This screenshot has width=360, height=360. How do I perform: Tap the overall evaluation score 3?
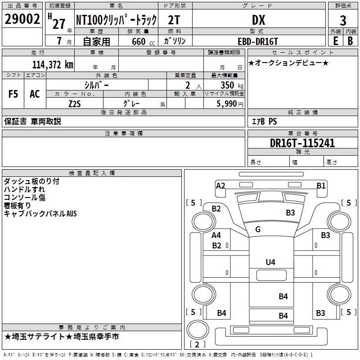coord(343,21)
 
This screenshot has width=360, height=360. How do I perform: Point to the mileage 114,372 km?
coord(53,64)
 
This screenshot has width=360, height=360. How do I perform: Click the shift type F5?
coord(13,94)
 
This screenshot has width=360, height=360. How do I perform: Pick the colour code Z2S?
coord(75,103)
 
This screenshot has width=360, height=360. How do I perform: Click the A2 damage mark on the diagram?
coord(220,185)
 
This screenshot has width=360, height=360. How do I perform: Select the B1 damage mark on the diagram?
coord(321,185)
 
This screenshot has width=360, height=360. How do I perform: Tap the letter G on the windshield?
coord(258,229)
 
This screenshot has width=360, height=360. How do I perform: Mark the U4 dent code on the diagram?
coord(270,262)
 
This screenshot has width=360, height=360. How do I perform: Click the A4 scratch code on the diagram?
coord(216,235)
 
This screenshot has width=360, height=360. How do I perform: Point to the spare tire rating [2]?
coord(198,344)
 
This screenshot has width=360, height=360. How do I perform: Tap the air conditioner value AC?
coord(35,94)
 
